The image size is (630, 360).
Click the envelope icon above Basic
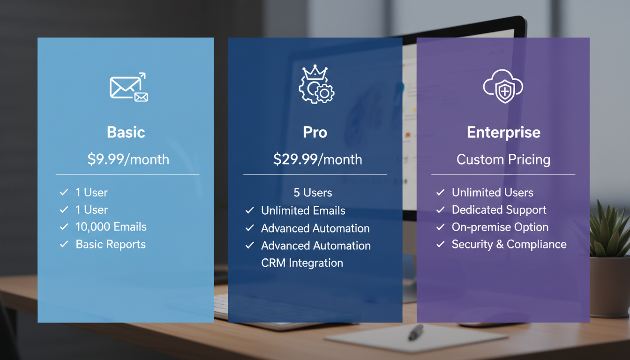[128, 87]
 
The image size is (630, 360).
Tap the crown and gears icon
[316, 85]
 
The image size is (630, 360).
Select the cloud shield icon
[503, 86]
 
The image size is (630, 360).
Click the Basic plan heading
[126, 132]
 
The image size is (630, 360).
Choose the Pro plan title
[315, 132]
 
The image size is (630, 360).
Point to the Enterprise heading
[503, 132]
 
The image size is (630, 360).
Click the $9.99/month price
[128, 159]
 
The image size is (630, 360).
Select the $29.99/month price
[317, 159]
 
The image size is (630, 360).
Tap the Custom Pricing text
[503, 159]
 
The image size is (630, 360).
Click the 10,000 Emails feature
[111, 227]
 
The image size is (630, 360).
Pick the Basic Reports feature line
[111, 244]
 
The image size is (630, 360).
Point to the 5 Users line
[313, 193]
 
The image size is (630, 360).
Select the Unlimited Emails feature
[303, 211]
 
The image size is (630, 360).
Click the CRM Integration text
[302, 263]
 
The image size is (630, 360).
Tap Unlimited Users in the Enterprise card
[492, 193]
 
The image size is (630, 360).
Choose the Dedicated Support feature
[499, 210]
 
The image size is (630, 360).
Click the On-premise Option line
[500, 227]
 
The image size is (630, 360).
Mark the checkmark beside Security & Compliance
[440, 244]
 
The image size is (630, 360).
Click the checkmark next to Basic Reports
[64, 244]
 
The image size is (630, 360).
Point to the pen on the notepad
[415, 332]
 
